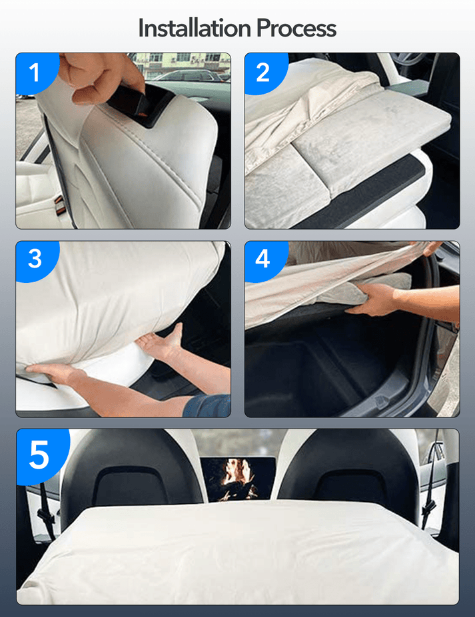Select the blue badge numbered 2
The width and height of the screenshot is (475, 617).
click(x=263, y=72)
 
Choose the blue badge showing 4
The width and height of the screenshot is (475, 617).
click(x=263, y=258)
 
